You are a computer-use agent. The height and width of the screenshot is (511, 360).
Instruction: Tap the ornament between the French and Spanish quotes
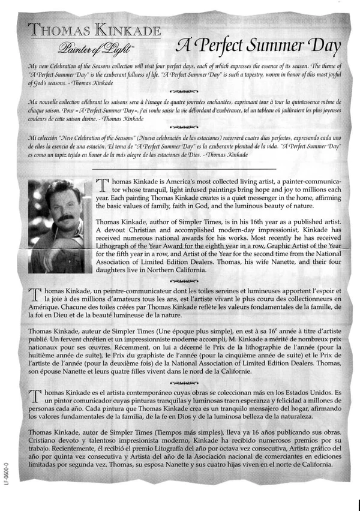[181, 127]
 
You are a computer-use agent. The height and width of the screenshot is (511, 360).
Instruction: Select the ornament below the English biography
[181, 280]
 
